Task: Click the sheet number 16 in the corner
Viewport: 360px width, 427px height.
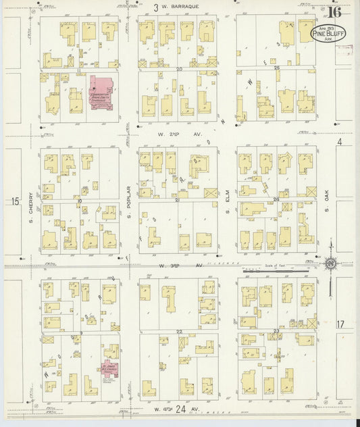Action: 334,11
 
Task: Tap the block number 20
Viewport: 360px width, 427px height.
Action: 180,69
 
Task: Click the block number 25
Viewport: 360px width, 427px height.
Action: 276,69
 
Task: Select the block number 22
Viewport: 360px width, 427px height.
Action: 180,332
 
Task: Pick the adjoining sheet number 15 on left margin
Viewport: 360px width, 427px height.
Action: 15,201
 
